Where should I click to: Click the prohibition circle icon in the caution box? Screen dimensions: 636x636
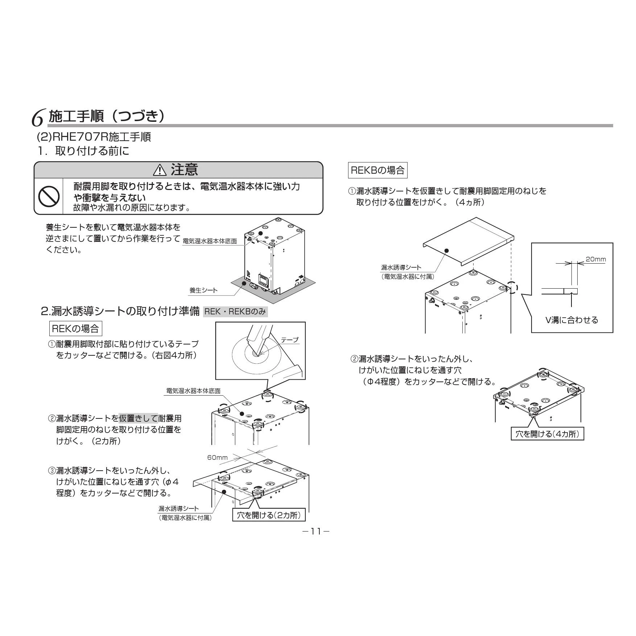point(49,196)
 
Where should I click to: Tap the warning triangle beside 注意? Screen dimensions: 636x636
point(160,170)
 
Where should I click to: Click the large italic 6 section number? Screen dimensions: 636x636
point(38,118)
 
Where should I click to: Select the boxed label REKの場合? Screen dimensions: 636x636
point(75,329)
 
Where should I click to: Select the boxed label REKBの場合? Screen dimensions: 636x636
point(377,170)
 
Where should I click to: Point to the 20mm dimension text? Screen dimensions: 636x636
point(595,259)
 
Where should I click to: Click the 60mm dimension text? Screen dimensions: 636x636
point(218,457)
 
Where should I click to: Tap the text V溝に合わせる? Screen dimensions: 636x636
point(571,320)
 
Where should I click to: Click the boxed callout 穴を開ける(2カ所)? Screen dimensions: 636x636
point(269,515)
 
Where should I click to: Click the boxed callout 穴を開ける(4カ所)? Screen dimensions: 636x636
point(548,434)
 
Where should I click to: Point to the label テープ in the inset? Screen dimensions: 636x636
point(290,340)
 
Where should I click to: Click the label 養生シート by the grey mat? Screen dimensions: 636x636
point(203,290)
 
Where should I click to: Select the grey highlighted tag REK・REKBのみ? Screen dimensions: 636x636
point(235,311)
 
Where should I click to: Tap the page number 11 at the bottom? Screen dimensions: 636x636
point(316,531)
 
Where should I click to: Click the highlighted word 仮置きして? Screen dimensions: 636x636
point(139,418)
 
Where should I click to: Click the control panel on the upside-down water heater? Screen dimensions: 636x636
point(264,280)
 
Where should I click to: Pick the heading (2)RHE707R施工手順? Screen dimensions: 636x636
point(94,137)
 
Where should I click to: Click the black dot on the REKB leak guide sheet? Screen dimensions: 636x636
point(446,251)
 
